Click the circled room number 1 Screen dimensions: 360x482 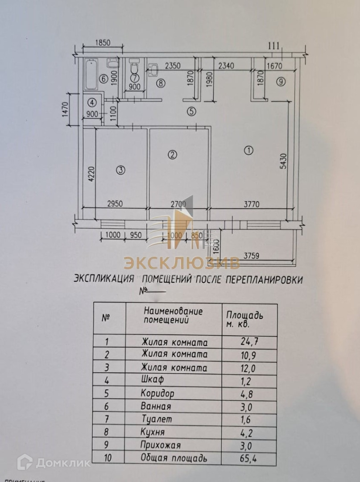(x=249, y=150)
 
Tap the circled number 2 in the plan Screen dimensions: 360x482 (x=173, y=155)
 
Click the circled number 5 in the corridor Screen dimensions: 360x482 (x=191, y=112)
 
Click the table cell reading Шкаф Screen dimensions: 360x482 (x=154, y=380)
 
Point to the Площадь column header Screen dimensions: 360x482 (x=245, y=315)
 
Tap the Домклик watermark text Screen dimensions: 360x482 (x=63, y=462)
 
